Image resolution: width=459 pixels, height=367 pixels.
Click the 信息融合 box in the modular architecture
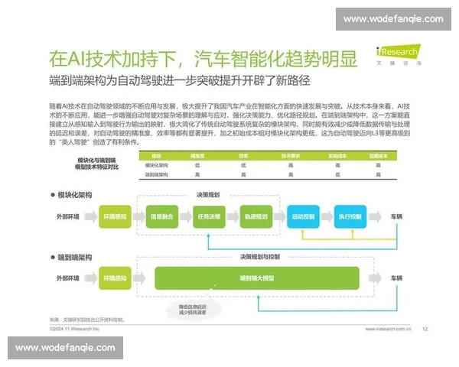click(166, 216)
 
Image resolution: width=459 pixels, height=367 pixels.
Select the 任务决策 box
click(209, 216)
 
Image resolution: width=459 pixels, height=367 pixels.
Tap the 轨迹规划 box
click(256, 216)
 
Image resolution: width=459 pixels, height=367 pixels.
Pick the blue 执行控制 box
click(350, 216)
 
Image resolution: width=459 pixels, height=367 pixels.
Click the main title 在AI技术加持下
click(107, 57)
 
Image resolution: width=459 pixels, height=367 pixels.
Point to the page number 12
click(425, 330)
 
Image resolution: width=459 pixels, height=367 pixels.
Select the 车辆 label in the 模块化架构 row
click(398, 216)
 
